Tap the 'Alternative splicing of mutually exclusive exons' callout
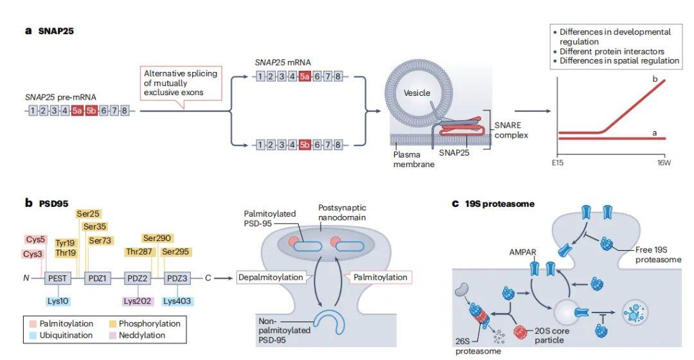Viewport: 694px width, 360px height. point(181,83)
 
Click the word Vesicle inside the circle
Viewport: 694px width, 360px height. point(416,93)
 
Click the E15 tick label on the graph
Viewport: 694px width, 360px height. point(557,163)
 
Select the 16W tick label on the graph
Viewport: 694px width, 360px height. point(664,163)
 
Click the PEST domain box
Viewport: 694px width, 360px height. point(56,278)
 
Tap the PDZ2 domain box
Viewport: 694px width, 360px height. point(136,278)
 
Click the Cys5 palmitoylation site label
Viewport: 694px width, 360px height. point(37,240)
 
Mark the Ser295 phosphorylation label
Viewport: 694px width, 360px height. point(175,251)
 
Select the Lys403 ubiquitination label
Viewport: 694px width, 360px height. point(177,301)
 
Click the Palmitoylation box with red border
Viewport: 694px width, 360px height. point(380,277)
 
